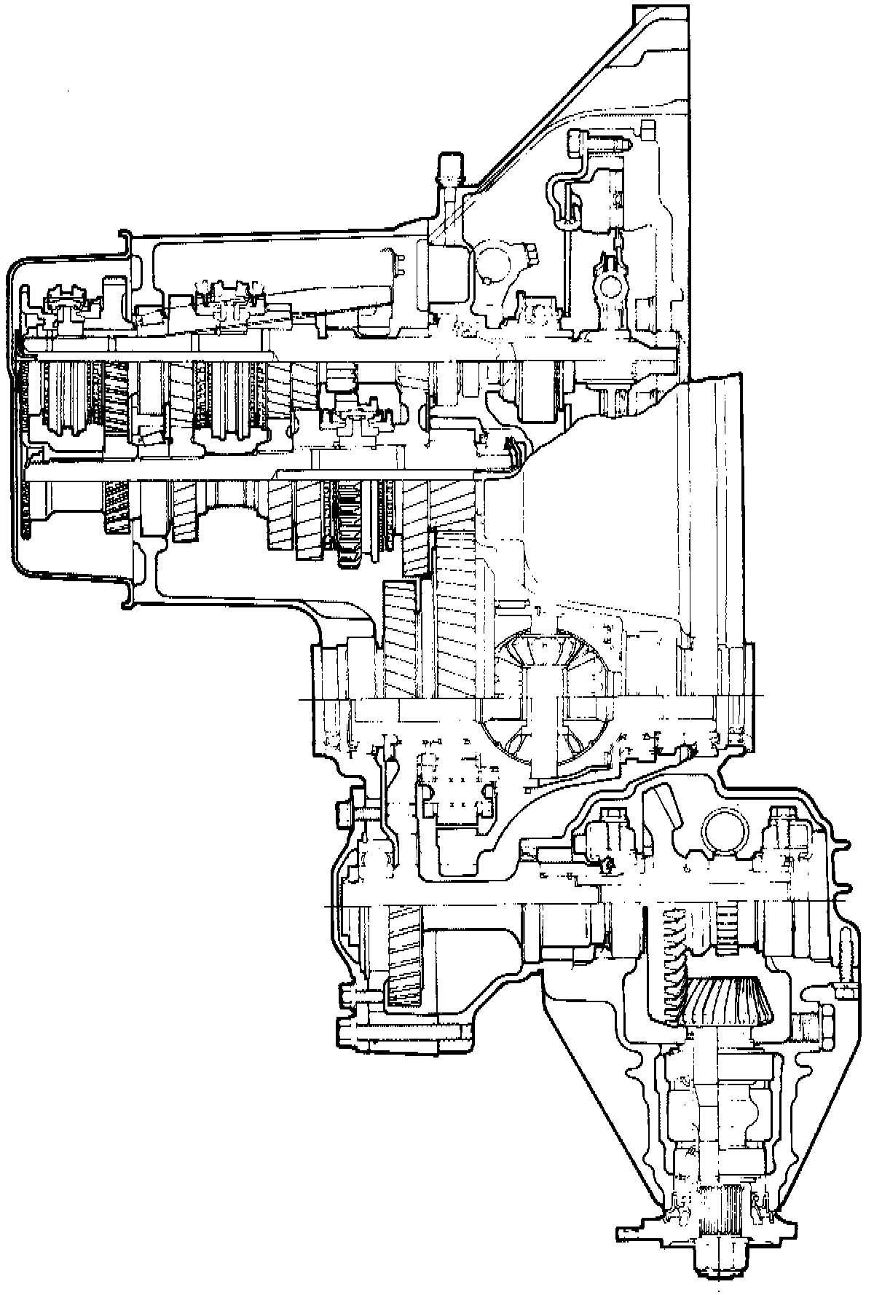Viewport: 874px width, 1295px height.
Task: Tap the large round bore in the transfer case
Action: pyautogui.click(x=725, y=830)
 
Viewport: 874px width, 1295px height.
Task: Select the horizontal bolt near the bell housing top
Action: pyautogui.click(x=597, y=140)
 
